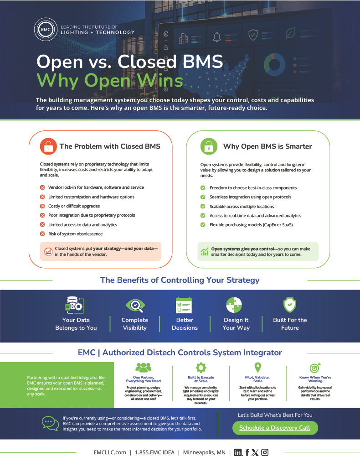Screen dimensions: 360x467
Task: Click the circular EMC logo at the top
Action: click(x=46, y=30)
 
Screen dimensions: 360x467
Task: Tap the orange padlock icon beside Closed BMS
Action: click(x=48, y=146)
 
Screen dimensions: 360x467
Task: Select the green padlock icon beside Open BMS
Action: click(x=209, y=146)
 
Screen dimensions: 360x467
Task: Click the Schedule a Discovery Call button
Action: click(x=275, y=428)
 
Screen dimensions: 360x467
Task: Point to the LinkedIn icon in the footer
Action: click(x=238, y=453)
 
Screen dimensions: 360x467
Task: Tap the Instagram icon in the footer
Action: click(x=265, y=452)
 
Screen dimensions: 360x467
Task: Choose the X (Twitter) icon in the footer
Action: click(x=255, y=452)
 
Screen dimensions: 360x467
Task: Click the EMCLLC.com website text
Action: click(x=110, y=452)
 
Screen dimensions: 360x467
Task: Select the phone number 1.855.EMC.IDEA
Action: click(x=155, y=452)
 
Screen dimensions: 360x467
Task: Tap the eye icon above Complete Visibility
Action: click(x=135, y=305)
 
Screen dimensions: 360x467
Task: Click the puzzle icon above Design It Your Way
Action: click(x=234, y=305)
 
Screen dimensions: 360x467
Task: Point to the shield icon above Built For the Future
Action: click(x=290, y=305)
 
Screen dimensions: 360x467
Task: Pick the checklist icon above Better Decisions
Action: click(x=184, y=305)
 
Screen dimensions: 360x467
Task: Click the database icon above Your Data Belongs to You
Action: click(x=75, y=305)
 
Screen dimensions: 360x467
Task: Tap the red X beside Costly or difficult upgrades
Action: click(x=42, y=206)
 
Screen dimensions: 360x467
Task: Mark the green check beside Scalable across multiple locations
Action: click(x=203, y=207)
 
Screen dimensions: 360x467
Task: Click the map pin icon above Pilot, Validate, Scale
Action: click(x=258, y=368)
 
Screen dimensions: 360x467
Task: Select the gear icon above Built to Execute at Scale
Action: click(x=201, y=368)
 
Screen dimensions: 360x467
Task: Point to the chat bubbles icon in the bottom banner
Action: click(x=50, y=423)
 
